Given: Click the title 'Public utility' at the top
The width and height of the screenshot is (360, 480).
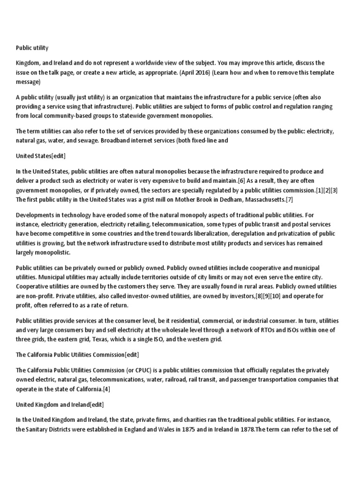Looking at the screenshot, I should tap(32, 48).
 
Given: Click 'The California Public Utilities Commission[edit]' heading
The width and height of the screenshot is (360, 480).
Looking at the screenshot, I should tap(77, 354).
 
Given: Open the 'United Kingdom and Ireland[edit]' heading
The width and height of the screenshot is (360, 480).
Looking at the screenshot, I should tap(60, 404).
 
